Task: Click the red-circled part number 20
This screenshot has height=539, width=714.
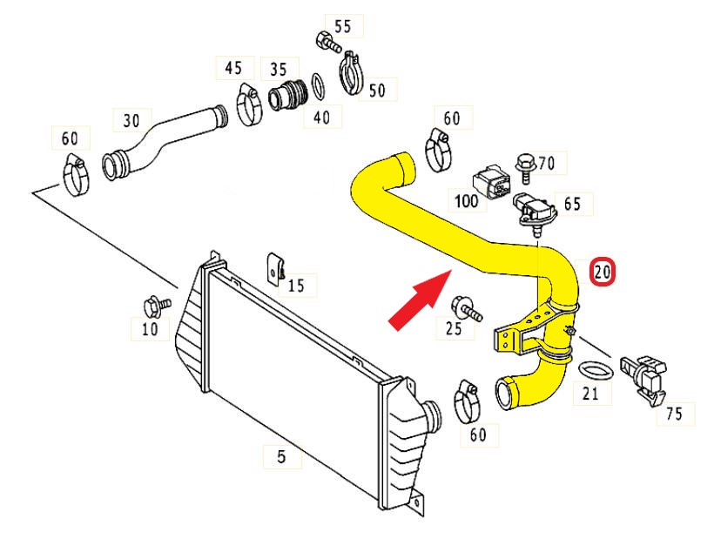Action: click(603, 273)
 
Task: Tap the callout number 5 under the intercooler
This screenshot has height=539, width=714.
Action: click(281, 455)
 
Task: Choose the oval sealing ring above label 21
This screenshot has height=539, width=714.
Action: click(596, 371)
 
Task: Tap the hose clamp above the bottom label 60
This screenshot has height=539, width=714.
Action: click(468, 401)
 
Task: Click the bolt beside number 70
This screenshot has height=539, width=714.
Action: click(525, 168)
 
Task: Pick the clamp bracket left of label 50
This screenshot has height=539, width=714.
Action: click(352, 74)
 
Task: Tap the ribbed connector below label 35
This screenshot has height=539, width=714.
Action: click(288, 95)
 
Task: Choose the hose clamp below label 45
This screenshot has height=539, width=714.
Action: click(250, 105)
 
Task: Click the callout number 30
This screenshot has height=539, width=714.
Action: click(131, 121)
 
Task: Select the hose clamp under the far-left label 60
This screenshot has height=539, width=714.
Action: click(77, 175)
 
